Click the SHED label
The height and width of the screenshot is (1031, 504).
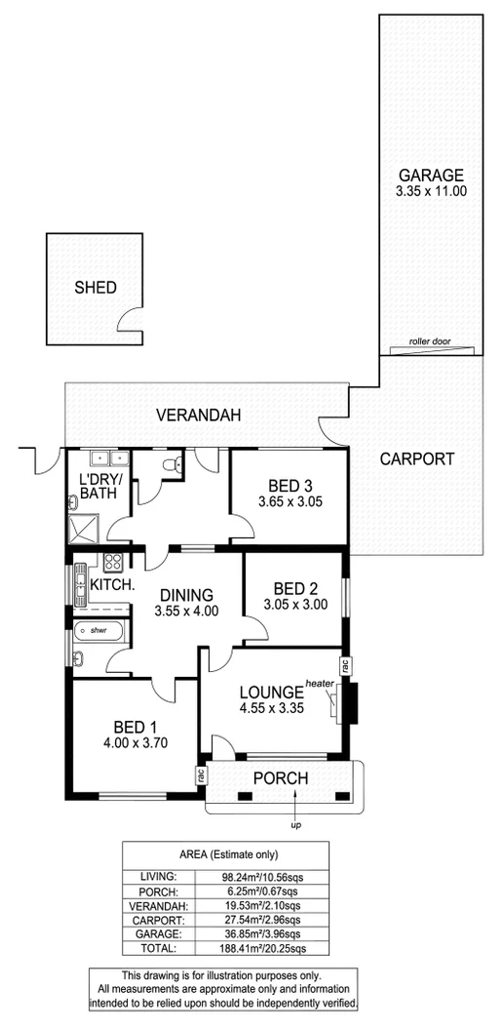coord(96,288)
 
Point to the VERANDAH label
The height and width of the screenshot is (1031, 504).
coord(198,416)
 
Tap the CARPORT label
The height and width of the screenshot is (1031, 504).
coord(416,458)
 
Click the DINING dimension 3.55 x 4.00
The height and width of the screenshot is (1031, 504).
coord(185,611)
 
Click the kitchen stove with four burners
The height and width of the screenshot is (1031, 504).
coord(112,562)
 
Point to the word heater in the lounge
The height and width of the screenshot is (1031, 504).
coord(320,683)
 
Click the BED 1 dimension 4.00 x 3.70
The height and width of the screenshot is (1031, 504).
coord(130,743)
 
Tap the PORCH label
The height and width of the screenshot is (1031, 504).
coord(281,778)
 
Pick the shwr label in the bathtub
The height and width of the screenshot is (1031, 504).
coord(97,630)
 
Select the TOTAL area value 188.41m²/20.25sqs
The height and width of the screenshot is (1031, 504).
coord(264,947)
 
